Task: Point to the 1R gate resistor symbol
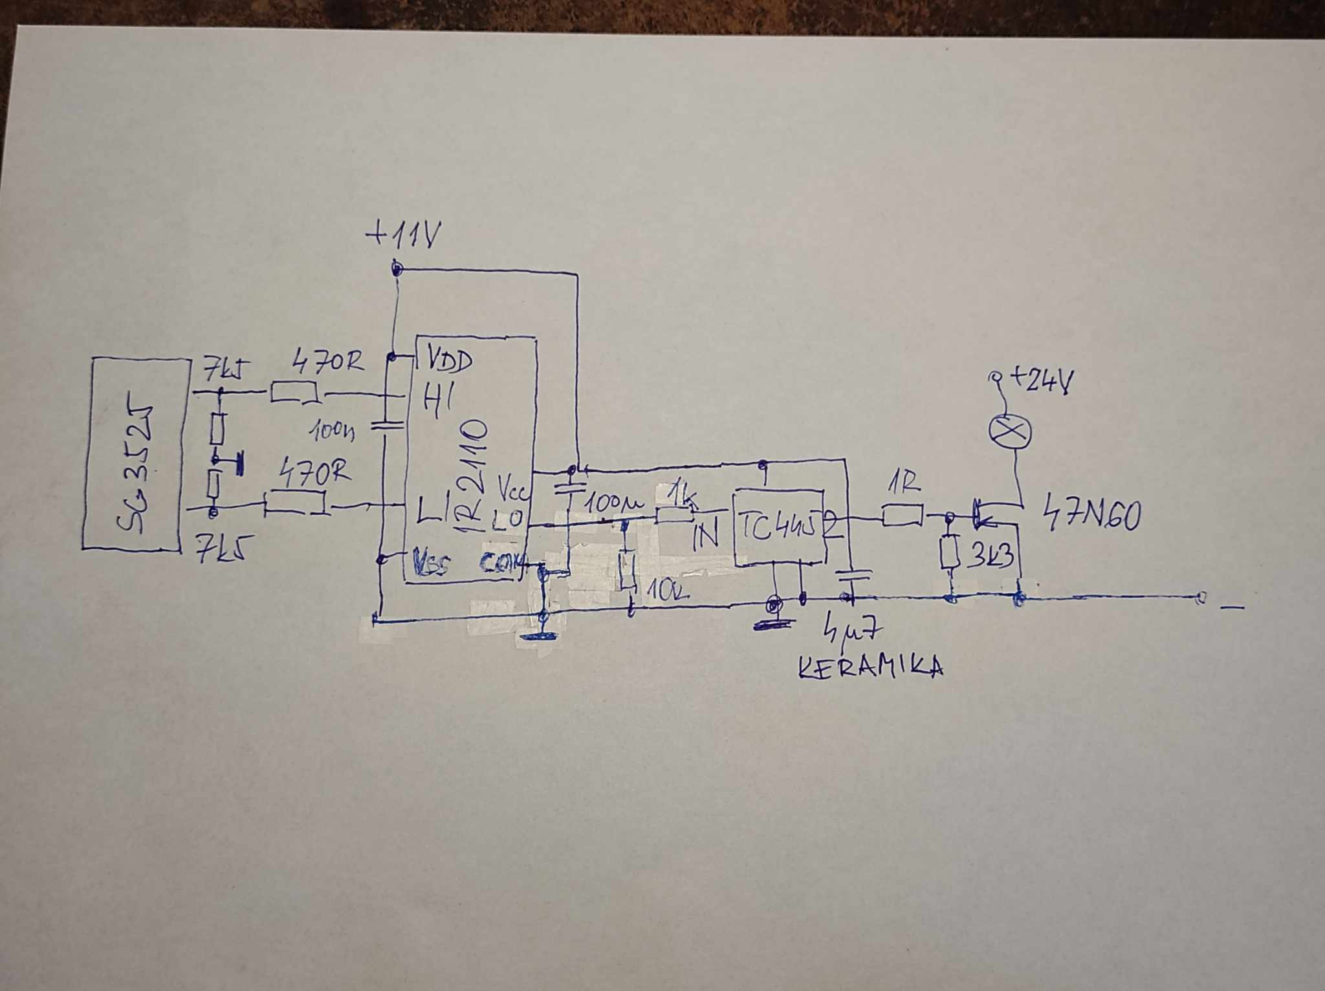[x=902, y=516]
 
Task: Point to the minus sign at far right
[x=1232, y=607]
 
